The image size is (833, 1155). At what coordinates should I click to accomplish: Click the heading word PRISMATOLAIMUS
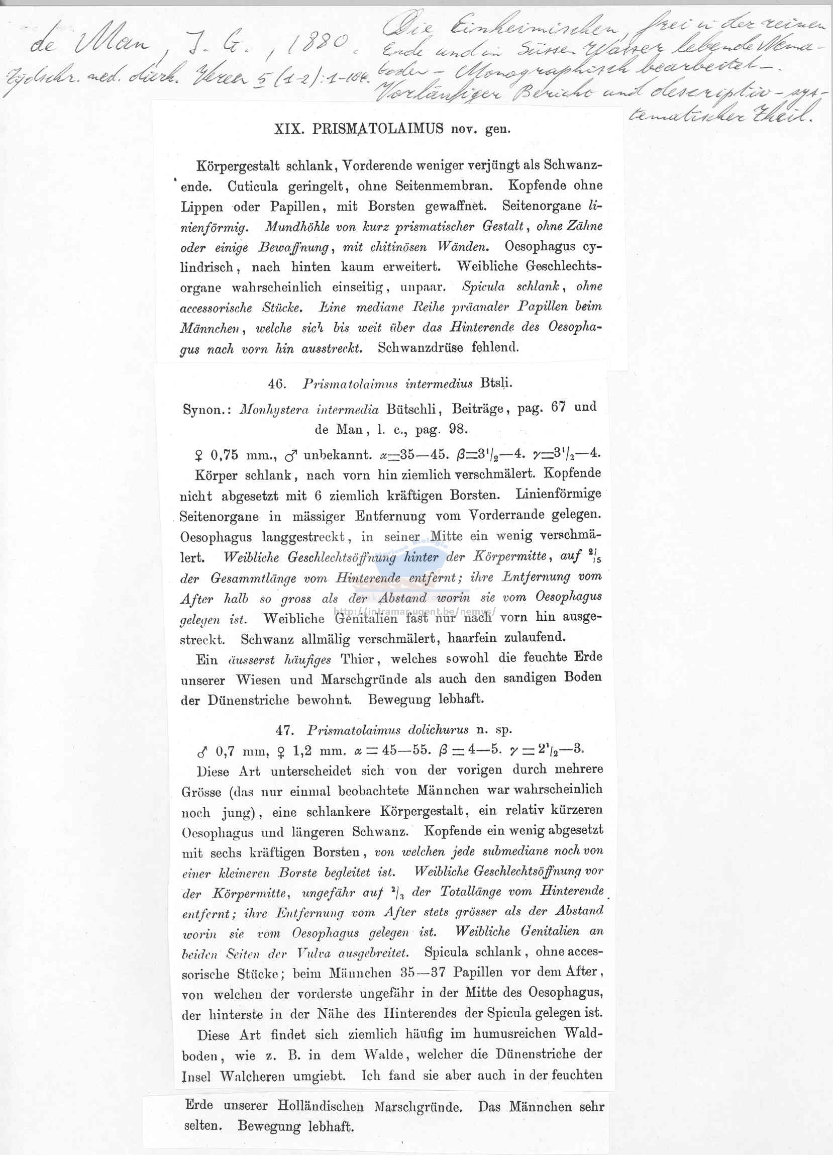378,129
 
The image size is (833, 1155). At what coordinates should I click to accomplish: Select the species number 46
277,383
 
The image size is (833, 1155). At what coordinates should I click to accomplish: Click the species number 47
285,730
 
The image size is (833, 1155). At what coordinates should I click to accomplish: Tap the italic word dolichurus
439,730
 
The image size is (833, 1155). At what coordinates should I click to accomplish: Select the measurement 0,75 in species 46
225,454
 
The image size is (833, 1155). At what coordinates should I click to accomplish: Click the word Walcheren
252,1077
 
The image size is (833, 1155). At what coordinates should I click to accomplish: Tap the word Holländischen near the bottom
320,1106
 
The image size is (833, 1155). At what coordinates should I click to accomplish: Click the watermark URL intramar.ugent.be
415,612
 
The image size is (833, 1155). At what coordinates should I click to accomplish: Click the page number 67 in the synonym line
558,408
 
